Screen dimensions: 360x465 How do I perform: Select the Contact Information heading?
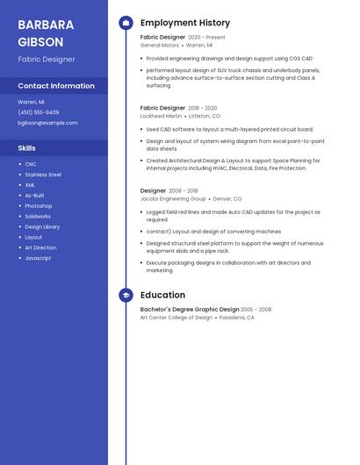(x=56, y=86)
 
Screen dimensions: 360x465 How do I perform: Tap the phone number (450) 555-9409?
(x=39, y=112)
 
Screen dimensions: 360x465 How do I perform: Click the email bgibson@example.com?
(x=47, y=123)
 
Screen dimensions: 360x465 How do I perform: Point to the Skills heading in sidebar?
(x=27, y=148)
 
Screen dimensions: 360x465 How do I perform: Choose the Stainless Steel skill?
(x=43, y=175)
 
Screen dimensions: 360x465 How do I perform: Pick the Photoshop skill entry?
(x=39, y=206)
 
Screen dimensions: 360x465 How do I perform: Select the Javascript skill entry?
(x=38, y=258)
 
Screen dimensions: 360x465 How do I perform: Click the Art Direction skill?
(x=40, y=247)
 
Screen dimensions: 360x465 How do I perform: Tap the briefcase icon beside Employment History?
(x=126, y=23)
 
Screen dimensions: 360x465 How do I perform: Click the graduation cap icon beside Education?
(x=126, y=296)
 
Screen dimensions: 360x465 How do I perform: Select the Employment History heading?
(x=185, y=23)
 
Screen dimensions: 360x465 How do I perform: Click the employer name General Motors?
(x=159, y=45)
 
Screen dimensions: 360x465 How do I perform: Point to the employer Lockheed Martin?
(x=161, y=116)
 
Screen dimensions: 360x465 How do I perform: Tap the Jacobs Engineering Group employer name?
(x=173, y=199)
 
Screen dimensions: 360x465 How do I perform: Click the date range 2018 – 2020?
(x=203, y=108)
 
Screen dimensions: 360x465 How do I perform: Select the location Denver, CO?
(x=227, y=199)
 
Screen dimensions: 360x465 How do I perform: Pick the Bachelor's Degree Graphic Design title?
(x=190, y=310)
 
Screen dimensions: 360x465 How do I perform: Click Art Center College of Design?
(x=176, y=318)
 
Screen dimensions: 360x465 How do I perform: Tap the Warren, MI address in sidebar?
(x=31, y=102)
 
